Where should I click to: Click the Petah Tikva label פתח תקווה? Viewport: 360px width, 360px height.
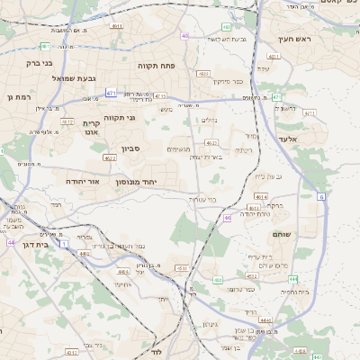tap(156, 66)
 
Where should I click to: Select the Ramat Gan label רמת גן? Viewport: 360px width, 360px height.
tap(18, 97)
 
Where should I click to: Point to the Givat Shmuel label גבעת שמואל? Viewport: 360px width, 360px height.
tap(69, 78)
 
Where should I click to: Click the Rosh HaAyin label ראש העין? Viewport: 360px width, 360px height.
tap(292, 39)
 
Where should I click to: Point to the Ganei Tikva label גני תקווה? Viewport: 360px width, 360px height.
tap(120, 118)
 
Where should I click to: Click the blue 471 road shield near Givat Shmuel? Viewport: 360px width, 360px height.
tap(111, 93)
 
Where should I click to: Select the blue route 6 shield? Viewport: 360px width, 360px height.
tap(321, 195)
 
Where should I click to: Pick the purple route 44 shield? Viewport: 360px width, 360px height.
tap(11, 242)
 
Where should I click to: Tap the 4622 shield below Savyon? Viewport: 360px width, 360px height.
tap(110, 158)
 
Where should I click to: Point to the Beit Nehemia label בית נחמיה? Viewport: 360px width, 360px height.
tap(295, 292)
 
